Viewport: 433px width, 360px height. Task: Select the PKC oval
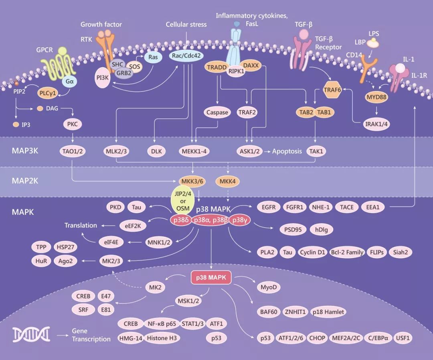73,124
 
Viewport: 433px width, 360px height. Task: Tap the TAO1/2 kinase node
72,151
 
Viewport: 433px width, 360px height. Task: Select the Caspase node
217,112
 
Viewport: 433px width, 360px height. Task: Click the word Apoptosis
287,151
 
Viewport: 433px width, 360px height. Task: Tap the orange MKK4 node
227,181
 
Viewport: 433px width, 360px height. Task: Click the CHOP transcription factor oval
317,338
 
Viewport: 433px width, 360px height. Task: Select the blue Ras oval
152,57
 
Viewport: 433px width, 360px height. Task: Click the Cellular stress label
186,24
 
